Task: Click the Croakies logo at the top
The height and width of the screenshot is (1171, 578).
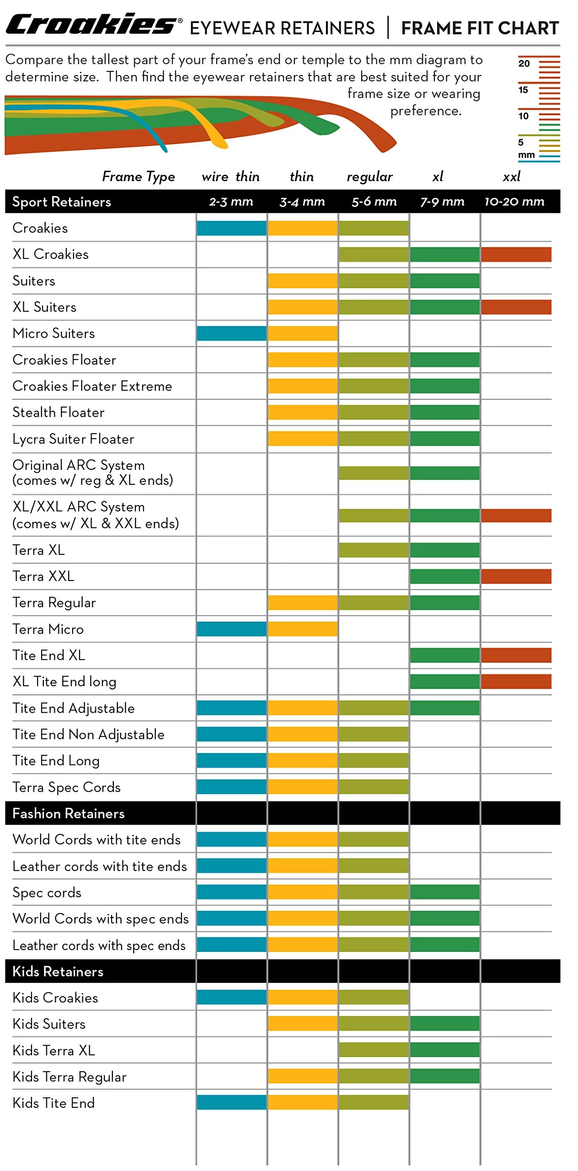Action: click(x=91, y=25)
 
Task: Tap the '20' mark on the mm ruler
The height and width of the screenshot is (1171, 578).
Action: click(x=524, y=63)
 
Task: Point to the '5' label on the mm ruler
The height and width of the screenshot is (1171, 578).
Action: click(x=521, y=142)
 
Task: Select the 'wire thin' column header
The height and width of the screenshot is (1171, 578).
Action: click(x=230, y=177)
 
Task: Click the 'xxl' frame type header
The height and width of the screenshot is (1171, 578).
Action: click(x=512, y=177)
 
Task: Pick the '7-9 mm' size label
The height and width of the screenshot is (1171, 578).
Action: click(x=442, y=201)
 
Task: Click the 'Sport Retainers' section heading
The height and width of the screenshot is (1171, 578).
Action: click(x=62, y=202)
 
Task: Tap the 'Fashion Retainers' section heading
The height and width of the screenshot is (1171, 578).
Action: click(x=69, y=813)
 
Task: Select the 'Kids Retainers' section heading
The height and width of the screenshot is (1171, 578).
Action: click(x=58, y=971)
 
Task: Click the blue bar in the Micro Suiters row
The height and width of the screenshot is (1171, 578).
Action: click(x=231, y=333)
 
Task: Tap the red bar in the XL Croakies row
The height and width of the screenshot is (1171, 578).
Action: click(x=516, y=254)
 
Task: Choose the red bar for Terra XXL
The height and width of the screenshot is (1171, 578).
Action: click(x=516, y=576)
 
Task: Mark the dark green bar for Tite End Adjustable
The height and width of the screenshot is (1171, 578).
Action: click(x=444, y=708)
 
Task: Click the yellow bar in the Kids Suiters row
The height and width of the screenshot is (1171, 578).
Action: click(x=302, y=1023)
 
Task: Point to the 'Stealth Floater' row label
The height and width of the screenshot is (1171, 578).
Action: click(x=59, y=412)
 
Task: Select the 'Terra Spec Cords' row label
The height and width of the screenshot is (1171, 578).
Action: click(x=67, y=787)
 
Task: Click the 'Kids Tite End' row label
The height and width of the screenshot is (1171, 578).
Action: click(x=54, y=1102)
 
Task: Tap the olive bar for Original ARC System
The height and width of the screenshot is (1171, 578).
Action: click(x=374, y=473)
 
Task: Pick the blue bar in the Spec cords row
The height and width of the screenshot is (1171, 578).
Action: click(x=231, y=892)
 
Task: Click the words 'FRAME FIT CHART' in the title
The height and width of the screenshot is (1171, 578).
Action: click(x=480, y=28)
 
